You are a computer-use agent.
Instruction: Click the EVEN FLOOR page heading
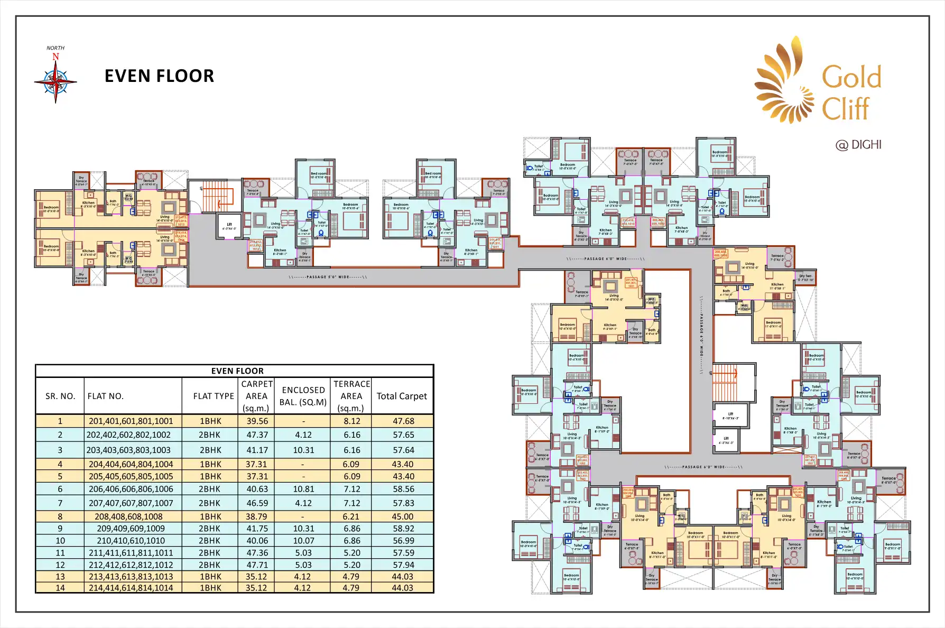pyautogui.click(x=159, y=76)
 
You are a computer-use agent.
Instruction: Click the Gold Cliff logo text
pyautogui.click(x=851, y=93)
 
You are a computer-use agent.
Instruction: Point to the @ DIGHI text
pyautogui.click(x=858, y=145)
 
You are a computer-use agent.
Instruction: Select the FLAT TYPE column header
pyautogui.click(x=214, y=396)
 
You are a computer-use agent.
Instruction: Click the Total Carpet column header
pyautogui.click(x=402, y=396)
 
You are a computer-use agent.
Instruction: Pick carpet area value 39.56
pyautogui.click(x=257, y=421)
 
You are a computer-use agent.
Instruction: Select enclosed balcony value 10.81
pyautogui.click(x=303, y=490)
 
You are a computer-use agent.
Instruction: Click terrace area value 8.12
pyautogui.click(x=352, y=421)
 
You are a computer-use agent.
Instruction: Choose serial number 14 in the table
pyautogui.click(x=60, y=588)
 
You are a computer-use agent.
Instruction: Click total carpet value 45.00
pyautogui.click(x=403, y=516)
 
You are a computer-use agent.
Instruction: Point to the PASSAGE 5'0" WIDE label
pyautogui.click(x=328, y=277)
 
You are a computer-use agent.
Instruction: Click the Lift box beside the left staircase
pyautogui.click(x=229, y=226)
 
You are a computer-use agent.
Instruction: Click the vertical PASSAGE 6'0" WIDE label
pyautogui.click(x=702, y=335)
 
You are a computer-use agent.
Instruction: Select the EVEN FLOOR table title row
pyautogui.click(x=237, y=371)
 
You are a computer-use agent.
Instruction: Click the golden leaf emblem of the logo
pyautogui.click(x=783, y=82)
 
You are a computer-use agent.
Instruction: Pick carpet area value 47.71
pyautogui.click(x=257, y=565)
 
